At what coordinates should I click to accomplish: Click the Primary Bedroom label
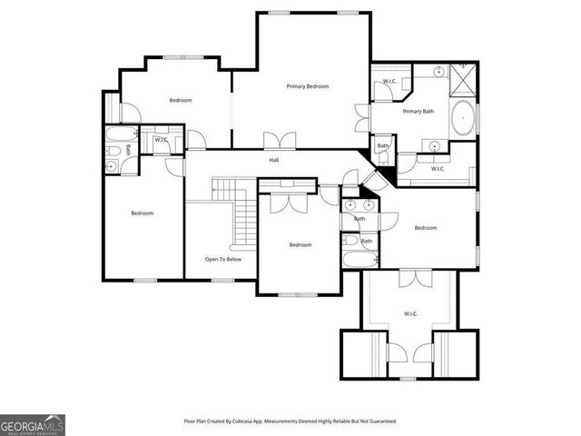coord(307,86)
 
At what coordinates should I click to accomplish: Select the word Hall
coord(273,161)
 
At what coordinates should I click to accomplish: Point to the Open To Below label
coord(223,259)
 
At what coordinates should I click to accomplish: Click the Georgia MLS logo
coord(33,424)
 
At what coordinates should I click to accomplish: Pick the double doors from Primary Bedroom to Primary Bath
coord(361,117)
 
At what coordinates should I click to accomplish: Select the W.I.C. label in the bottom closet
coord(409,314)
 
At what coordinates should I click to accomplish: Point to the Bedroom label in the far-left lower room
coord(142,213)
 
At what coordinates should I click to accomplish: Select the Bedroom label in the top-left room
coord(180,100)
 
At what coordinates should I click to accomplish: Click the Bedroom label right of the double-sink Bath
coord(426,228)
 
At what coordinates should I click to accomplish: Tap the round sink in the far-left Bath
coord(112,166)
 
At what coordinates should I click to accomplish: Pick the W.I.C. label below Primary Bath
coord(437,169)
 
